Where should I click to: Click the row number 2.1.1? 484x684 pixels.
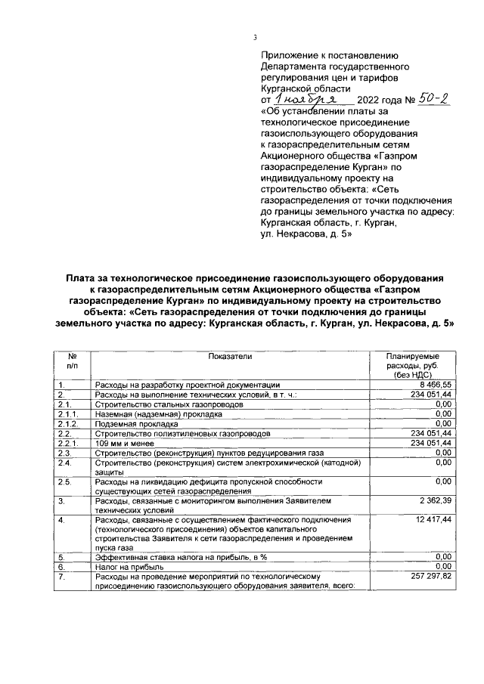point(68,414)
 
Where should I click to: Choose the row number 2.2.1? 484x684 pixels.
point(68,443)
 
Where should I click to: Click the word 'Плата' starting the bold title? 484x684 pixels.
point(81,278)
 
